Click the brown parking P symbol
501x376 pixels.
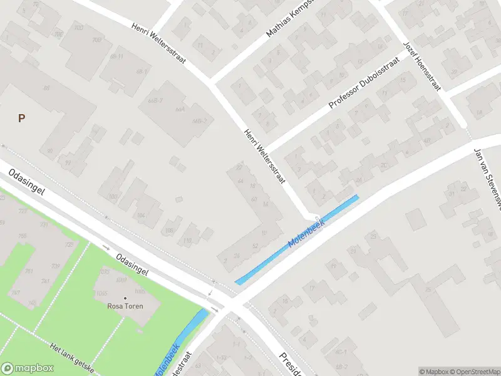pos(21,118)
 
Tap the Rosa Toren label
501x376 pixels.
pos(125,306)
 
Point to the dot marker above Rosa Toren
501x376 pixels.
pos(125,298)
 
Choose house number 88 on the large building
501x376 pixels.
pos(46,88)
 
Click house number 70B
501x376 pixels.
pos(96,40)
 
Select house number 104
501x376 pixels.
pos(141,215)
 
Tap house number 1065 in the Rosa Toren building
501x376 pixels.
pos(104,292)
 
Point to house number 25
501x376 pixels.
pos(428,290)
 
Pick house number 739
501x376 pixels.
pos(54,266)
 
